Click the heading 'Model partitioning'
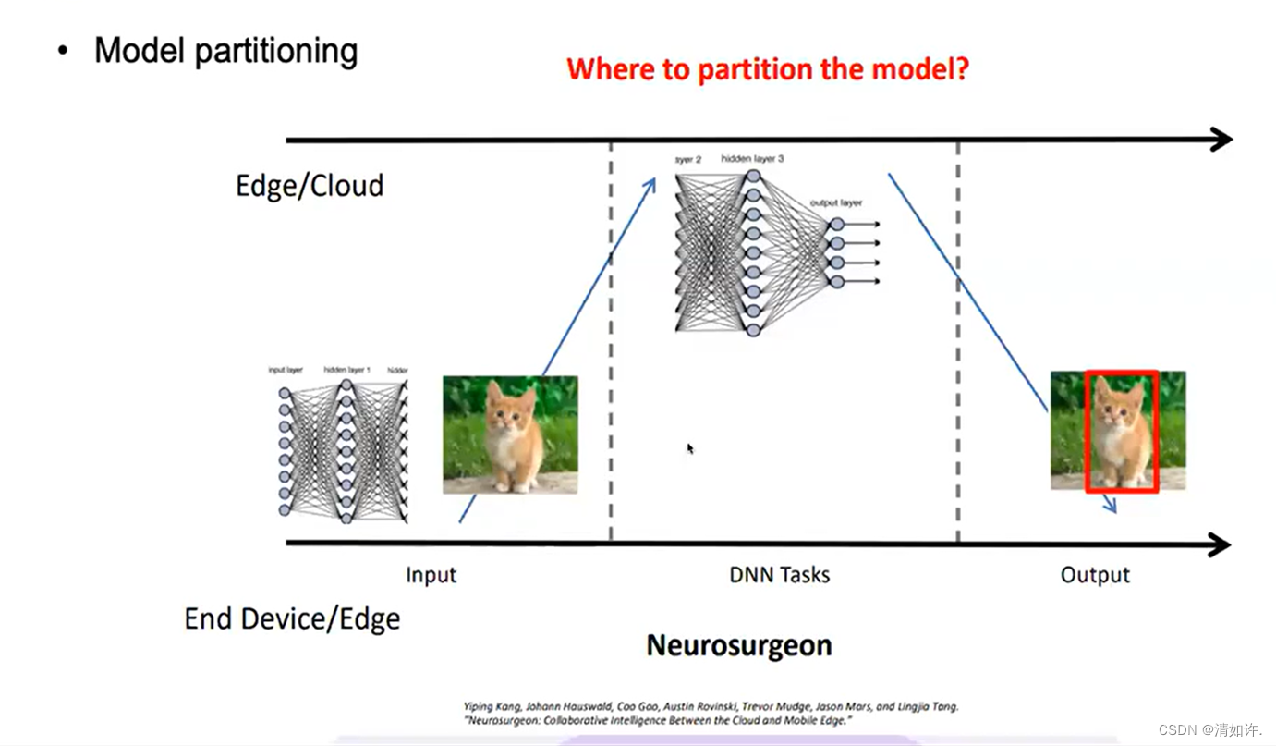[225, 51]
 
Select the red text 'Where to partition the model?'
[767, 69]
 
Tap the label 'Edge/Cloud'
[310, 186]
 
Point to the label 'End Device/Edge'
[292, 618]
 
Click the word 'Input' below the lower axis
[431, 575]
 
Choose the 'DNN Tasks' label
[780, 575]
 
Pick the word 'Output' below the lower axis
[1095, 575]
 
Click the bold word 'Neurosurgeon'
[739, 644]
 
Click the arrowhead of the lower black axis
[1219, 544]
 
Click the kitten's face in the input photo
[513, 412]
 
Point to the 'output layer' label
[836, 202]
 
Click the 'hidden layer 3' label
[753, 159]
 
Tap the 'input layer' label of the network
[286, 370]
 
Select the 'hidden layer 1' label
[346, 370]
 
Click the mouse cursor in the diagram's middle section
[689, 448]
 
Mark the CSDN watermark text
[1209, 729]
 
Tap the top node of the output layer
[837, 224]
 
